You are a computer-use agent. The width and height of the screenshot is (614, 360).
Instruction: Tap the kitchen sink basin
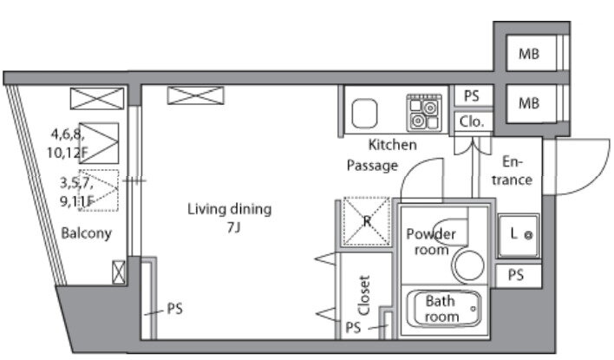tap(364, 114)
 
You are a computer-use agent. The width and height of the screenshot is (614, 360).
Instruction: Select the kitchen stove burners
tap(424, 114)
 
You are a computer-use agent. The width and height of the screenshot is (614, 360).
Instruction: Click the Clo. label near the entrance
tap(472, 121)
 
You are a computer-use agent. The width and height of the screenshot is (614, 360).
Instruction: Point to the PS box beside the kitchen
tap(473, 95)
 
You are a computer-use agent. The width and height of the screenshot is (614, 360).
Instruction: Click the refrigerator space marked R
tap(367, 221)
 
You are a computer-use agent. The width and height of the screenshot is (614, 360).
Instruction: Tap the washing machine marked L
tap(519, 235)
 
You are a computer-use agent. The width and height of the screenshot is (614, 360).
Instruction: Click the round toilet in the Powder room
tap(468, 265)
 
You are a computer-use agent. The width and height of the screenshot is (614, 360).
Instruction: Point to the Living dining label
tap(229, 209)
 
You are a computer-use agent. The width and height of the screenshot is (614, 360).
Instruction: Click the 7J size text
tap(234, 227)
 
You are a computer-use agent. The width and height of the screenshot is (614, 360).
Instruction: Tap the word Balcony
tap(87, 233)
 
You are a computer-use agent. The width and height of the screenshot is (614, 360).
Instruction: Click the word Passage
tap(372, 166)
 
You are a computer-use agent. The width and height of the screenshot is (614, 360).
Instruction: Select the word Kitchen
tap(392, 145)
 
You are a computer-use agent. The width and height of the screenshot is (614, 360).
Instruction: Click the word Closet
tap(364, 295)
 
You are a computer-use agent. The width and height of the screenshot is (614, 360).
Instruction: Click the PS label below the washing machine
tap(516, 275)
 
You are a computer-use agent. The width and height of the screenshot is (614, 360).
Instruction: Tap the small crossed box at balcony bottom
tap(119, 272)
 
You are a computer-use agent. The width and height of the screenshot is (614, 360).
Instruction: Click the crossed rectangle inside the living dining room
tap(196, 95)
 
